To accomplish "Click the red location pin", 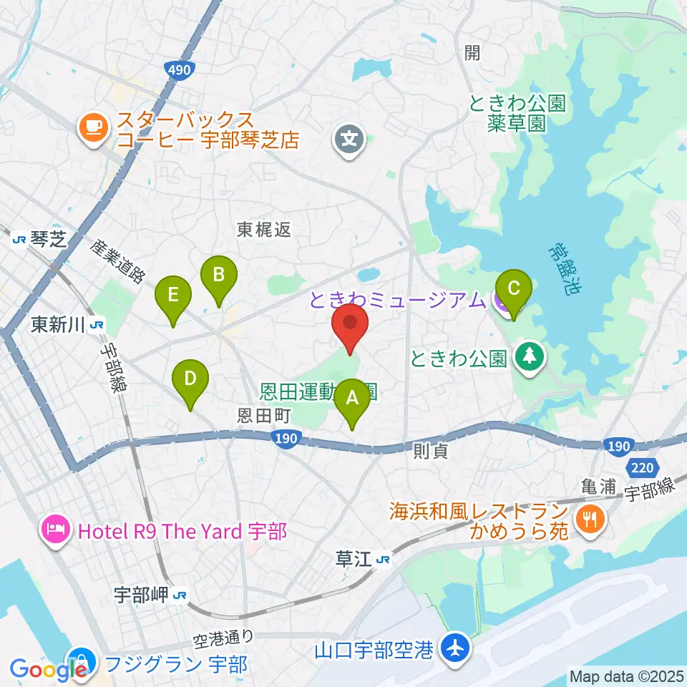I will (x=350, y=326).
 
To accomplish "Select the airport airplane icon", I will (x=453, y=651).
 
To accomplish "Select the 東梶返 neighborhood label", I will (x=264, y=230).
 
